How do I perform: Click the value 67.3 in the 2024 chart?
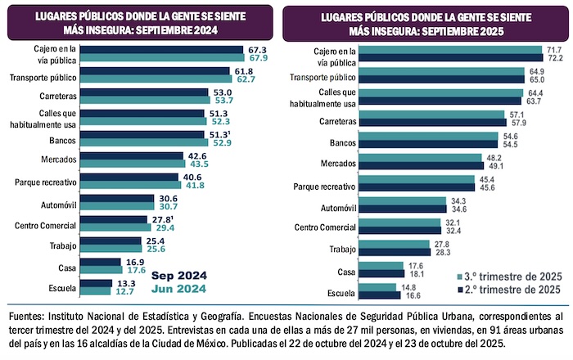pyautogui.click(x=257, y=49)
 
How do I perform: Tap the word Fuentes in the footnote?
pyautogui.click(x=29, y=313)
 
